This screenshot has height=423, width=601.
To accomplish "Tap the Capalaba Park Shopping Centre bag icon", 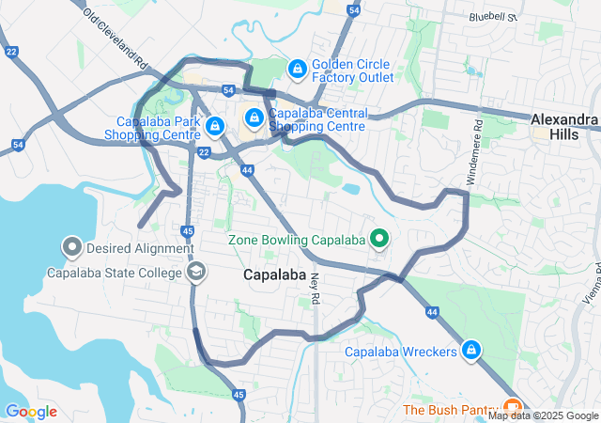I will [x=215, y=124].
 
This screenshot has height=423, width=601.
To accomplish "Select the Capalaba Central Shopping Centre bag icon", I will [x=254, y=117].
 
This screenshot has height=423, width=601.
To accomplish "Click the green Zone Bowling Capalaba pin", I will [x=380, y=239].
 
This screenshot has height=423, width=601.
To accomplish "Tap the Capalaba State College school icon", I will [x=196, y=273].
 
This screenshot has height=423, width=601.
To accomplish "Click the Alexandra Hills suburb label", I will [x=563, y=127].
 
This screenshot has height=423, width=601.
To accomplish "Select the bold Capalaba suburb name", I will [x=275, y=275].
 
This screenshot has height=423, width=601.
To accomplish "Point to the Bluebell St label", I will [x=493, y=17].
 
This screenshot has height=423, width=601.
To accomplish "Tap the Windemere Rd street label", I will [x=476, y=150].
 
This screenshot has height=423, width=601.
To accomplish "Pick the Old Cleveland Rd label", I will [x=116, y=39].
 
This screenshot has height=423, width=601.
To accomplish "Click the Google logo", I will [x=30, y=412].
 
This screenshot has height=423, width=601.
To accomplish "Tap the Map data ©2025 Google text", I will [x=542, y=415].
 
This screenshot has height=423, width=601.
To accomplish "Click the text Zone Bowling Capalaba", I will [x=297, y=239].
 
